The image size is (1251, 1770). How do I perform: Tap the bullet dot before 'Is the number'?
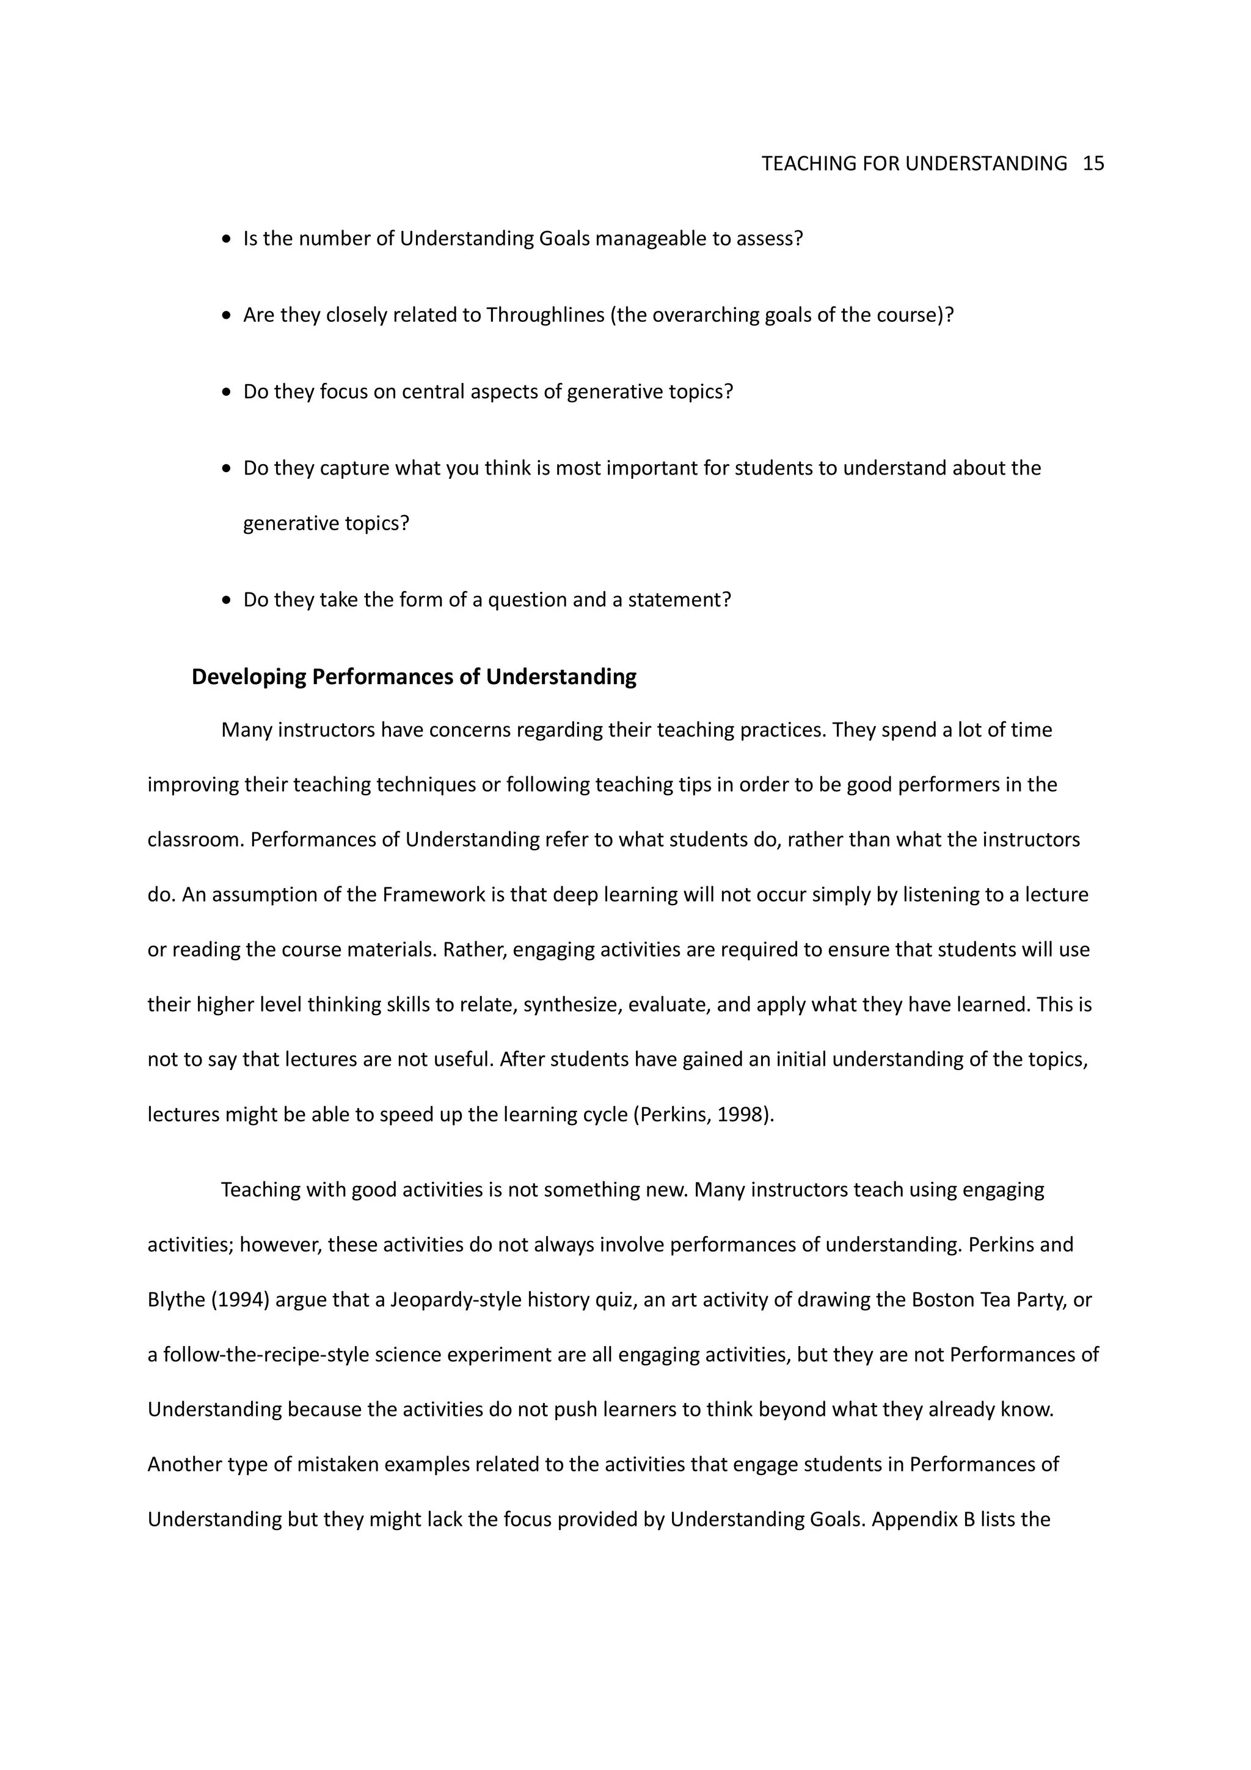(226, 240)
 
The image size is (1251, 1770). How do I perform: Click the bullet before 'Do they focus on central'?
(226, 392)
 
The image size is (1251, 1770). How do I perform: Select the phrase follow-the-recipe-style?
(267, 1355)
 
